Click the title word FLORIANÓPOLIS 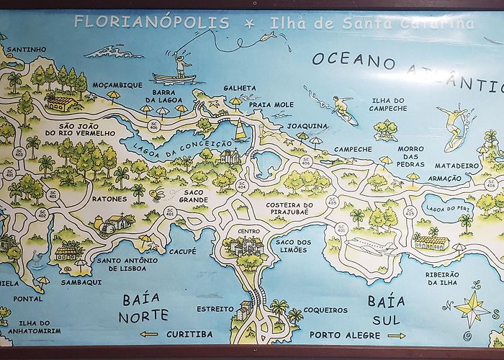coord(152,22)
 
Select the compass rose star coord(472,307)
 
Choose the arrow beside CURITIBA coord(149,334)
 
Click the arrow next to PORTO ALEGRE coord(396,335)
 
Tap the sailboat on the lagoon coord(240,131)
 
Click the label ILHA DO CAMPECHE coord(389,104)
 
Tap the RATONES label coord(109,199)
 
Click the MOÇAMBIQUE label coord(117,84)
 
